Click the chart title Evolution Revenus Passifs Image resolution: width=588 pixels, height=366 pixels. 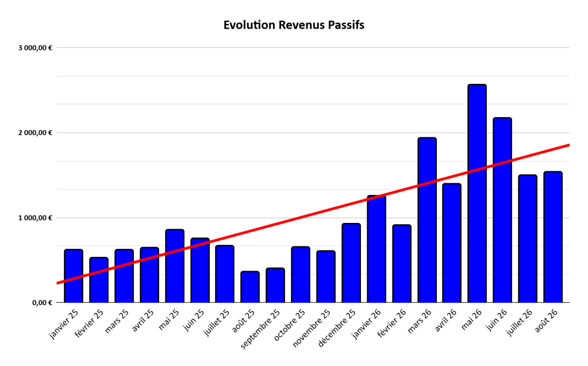(294, 25)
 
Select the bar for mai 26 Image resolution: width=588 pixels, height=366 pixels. (477, 194)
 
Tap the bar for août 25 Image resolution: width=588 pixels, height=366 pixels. (250, 287)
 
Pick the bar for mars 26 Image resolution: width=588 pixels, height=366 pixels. (427, 220)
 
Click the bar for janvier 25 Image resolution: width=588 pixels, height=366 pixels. (74, 276)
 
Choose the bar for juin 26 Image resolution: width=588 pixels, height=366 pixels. (502, 210)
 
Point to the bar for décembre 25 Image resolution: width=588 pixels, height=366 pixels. (351, 263)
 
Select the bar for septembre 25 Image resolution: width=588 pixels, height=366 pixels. (275, 286)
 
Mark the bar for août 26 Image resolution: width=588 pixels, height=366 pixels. (553, 237)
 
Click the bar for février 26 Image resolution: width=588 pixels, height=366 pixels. (402, 264)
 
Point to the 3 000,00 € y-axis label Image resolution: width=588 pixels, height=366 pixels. (35, 48)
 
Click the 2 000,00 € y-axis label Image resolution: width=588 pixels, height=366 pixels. (35, 133)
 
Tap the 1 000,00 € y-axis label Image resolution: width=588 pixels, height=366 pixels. (35, 218)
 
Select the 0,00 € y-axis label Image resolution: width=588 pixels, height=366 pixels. (42, 303)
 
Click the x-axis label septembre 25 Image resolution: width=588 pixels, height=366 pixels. (260, 329)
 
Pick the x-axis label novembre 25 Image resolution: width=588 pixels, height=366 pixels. (312, 328)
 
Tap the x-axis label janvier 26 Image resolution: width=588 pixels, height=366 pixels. (366, 323)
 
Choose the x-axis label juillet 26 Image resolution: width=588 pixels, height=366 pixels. (519, 322)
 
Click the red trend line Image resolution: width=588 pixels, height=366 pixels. (313, 214)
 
